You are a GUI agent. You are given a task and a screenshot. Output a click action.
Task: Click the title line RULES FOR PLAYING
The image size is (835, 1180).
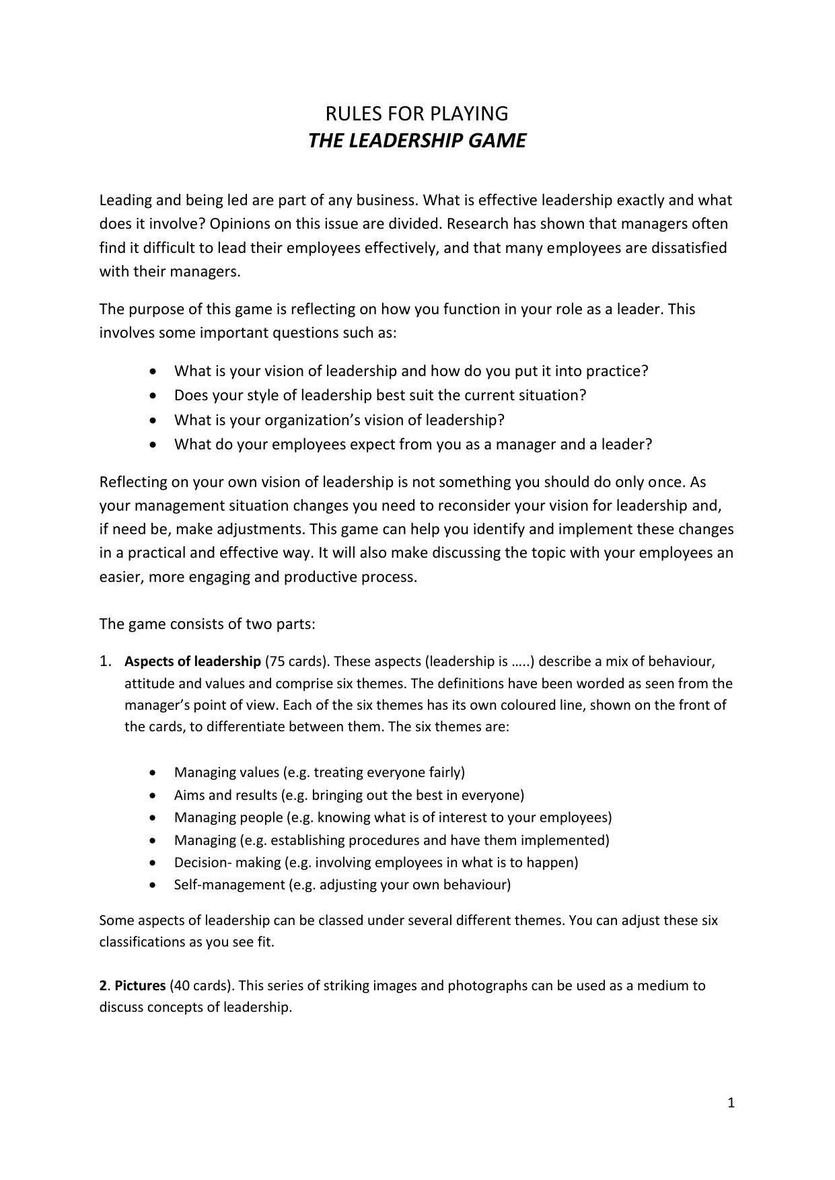point(416,113)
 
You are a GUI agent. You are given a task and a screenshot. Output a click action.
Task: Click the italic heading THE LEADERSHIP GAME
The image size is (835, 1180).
point(416,141)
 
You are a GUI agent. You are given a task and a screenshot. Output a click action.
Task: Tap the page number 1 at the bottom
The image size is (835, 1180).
point(731,1103)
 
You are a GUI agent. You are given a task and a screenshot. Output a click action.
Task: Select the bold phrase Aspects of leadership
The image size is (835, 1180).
point(192,661)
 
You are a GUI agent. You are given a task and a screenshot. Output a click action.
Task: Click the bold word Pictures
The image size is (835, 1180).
point(140,986)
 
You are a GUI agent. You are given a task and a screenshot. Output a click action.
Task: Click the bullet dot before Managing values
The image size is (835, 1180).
point(155,772)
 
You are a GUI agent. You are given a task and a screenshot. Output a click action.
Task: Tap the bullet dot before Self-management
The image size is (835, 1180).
point(155,885)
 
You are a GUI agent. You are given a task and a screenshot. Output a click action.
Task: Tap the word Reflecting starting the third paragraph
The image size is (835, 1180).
point(133,482)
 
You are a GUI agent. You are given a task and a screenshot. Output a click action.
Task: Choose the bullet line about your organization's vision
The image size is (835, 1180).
point(339,420)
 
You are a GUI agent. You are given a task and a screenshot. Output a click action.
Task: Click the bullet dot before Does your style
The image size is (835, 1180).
point(155,396)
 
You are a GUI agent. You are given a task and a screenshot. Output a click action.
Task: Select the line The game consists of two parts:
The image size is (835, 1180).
point(207,624)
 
